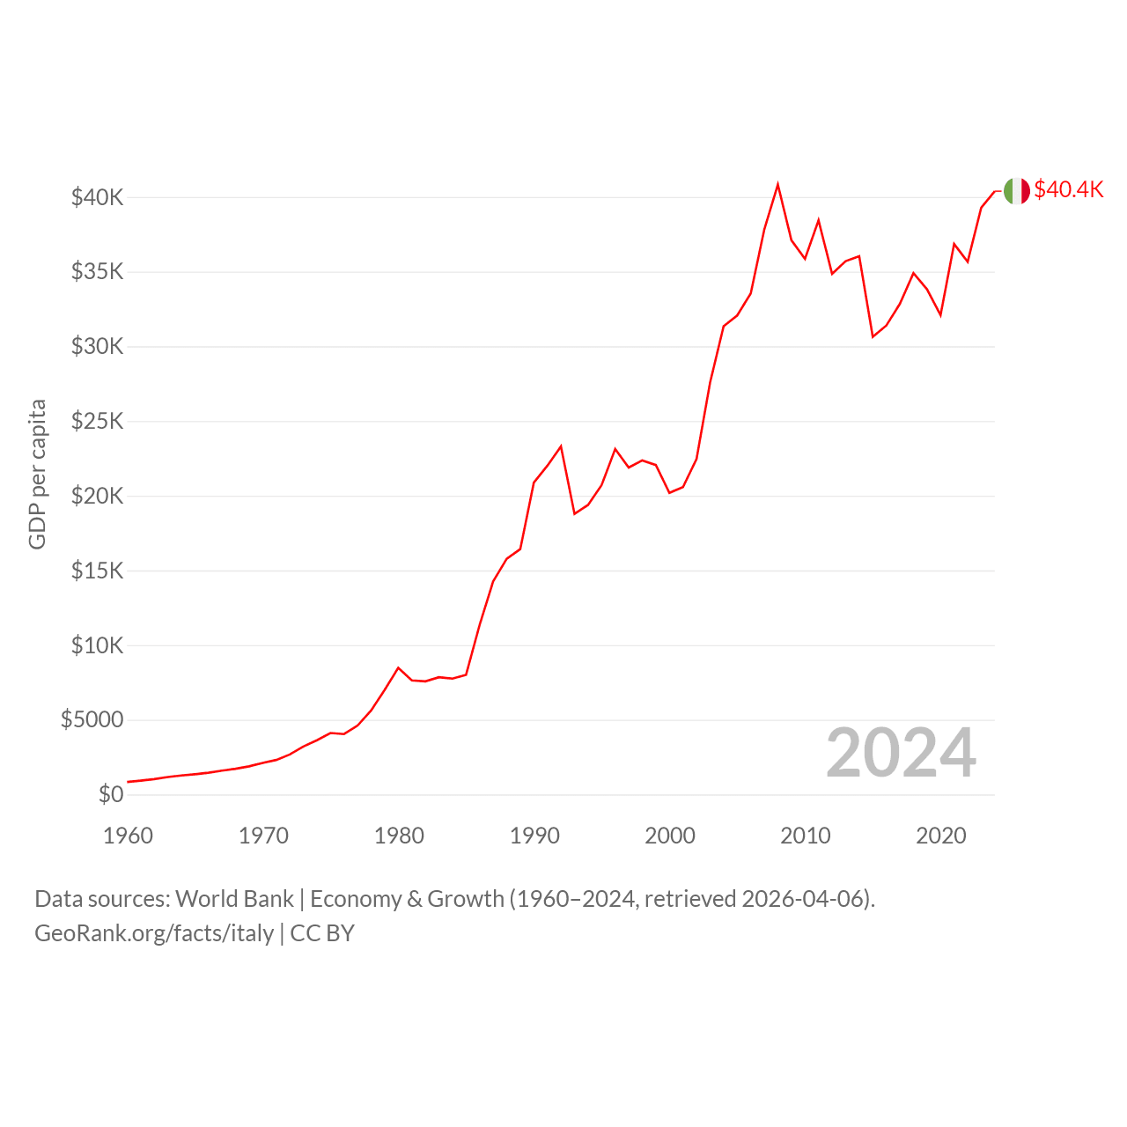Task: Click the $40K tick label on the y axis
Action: pyautogui.click(x=97, y=198)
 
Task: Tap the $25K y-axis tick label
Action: pyautogui.click(x=97, y=421)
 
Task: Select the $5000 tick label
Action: pyautogui.click(x=92, y=719)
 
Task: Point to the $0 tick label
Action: pyautogui.click(x=111, y=794)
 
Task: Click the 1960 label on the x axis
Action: pyautogui.click(x=128, y=836)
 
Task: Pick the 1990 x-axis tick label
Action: pyautogui.click(x=534, y=836)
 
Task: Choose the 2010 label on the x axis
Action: pyautogui.click(x=806, y=836)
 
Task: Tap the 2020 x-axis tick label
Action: pyautogui.click(x=941, y=836)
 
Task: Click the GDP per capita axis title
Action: pyautogui.click(x=38, y=475)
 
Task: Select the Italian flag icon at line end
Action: pyautogui.click(x=1016, y=191)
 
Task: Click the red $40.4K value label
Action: pyautogui.click(x=1069, y=189)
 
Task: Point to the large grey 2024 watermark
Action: pyautogui.click(x=902, y=753)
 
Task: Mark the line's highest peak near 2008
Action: pyautogui.click(x=777, y=184)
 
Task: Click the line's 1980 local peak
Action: pyautogui.click(x=398, y=668)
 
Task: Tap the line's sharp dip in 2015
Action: pyautogui.click(x=873, y=337)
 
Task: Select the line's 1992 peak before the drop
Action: pyautogui.click(x=561, y=446)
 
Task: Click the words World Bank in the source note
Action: pyautogui.click(x=234, y=899)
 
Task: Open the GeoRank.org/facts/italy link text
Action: pyautogui.click(x=154, y=933)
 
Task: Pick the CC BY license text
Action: pyautogui.click(x=322, y=933)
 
